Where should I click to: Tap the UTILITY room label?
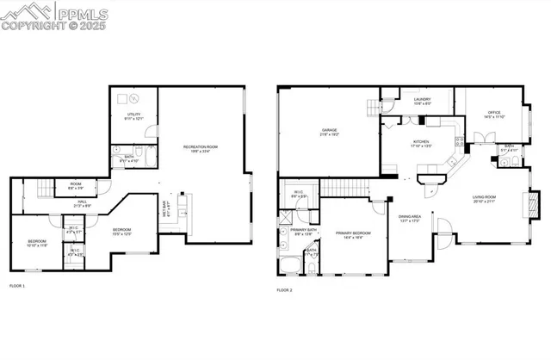(x=133, y=115)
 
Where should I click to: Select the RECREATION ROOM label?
(x=200, y=149)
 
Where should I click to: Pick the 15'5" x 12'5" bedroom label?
(x=121, y=231)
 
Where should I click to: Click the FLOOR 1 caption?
(x=18, y=285)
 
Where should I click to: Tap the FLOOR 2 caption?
(x=285, y=290)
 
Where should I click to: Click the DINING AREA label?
(x=409, y=219)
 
